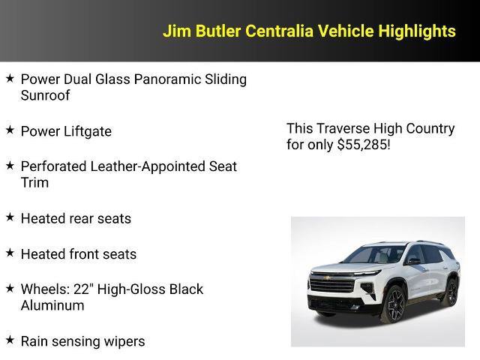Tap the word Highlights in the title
point(416,31)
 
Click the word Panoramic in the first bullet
point(168,79)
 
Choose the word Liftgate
point(87,131)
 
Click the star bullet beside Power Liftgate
point(10,130)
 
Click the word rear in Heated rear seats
point(82,218)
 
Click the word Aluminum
point(52,305)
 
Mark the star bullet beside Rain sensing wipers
point(10,340)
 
